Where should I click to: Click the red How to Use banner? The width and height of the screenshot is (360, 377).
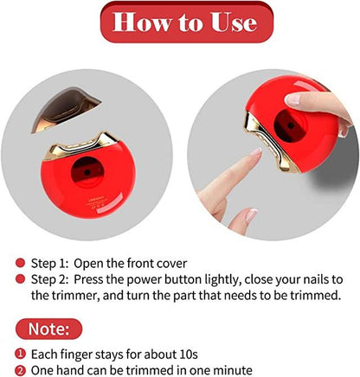(187, 22)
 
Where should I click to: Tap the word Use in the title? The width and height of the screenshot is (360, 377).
(234, 22)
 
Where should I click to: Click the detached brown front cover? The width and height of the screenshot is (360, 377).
(66, 110)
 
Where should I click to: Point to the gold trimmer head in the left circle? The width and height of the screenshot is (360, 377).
(81, 146)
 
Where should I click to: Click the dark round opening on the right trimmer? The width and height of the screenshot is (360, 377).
(290, 125)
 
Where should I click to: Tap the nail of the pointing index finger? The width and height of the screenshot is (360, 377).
(256, 152)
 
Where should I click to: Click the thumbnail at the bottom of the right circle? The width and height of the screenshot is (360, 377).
(252, 215)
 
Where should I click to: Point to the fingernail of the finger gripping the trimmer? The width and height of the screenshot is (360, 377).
(292, 99)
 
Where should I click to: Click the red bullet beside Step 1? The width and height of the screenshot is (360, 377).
(20, 263)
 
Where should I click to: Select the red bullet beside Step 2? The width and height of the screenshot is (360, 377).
(20, 279)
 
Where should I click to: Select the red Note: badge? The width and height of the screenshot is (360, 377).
(48, 329)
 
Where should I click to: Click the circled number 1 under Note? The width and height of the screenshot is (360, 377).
(20, 354)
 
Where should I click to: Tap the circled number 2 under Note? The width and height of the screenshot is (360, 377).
(20, 370)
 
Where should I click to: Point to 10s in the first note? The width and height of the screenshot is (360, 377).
(189, 354)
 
